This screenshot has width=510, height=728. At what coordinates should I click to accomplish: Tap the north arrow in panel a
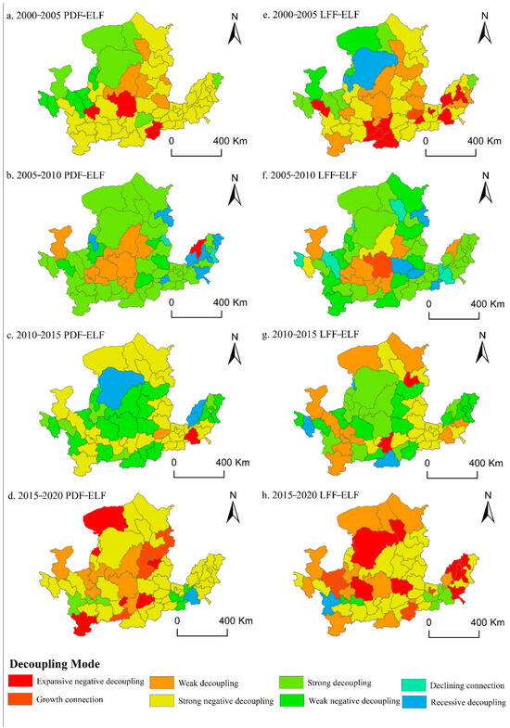point(236,33)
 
